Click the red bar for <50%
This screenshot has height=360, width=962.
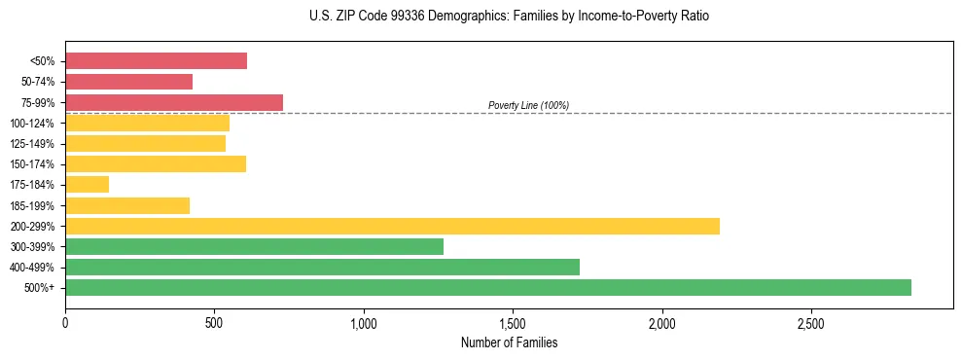(x=156, y=61)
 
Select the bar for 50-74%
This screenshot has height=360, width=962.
(x=128, y=82)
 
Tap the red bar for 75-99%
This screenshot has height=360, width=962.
(x=173, y=102)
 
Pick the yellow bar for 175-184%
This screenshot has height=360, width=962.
(x=87, y=185)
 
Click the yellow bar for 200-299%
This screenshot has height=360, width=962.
(x=392, y=226)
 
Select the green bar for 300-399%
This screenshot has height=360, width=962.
(x=254, y=246)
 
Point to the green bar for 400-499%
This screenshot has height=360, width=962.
(x=322, y=267)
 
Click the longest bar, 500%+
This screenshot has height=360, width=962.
(x=487, y=287)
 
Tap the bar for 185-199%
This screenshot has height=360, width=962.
(x=127, y=205)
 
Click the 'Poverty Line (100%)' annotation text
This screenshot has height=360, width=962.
(x=528, y=105)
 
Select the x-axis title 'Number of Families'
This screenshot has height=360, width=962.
(x=509, y=343)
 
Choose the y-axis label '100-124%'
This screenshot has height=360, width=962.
(x=32, y=124)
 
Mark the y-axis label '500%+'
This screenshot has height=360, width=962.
(x=39, y=288)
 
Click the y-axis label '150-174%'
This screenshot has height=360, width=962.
(x=32, y=164)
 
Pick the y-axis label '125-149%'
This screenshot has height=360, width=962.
(x=32, y=144)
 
